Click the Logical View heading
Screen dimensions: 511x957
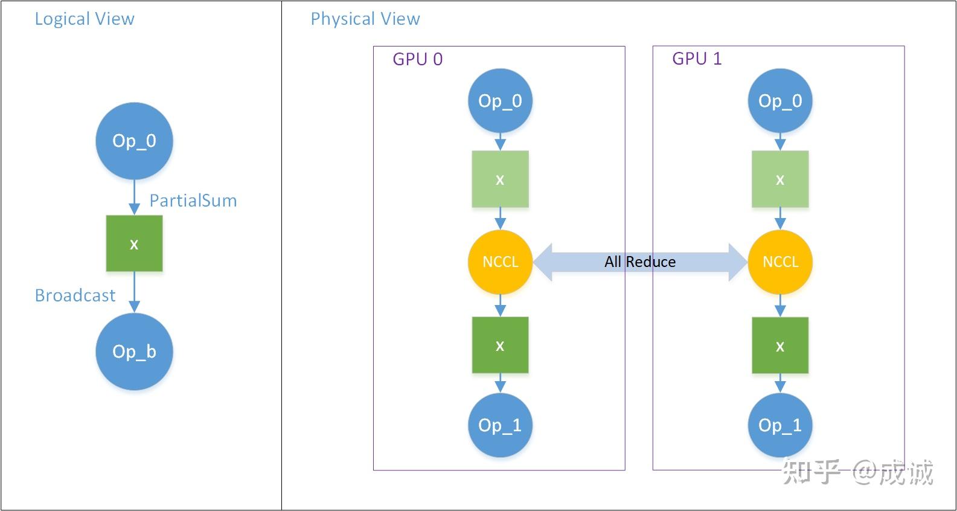(x=85, y=19)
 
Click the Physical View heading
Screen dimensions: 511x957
(x=365, y=19)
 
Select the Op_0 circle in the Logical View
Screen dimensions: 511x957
(x=134, y=141)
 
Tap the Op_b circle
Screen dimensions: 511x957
(x=134, y=352)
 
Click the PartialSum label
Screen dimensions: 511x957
(x=193, y=201)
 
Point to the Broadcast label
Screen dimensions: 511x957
(x=75, y=295)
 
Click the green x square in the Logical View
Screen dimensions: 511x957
(x=134, y=243)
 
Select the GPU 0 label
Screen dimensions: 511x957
(x=417, y=59)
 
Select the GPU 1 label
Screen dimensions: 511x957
(x=697, y=59)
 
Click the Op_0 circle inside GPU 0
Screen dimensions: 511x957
(x=500, y=101)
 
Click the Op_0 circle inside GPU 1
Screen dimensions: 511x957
(x=780, y=101)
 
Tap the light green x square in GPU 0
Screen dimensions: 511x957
(x=500, y=179)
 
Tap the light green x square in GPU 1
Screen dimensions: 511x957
(x=780, y=179)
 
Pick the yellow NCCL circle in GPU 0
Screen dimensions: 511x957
(x=500, y=262)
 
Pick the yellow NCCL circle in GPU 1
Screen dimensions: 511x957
(x=780, y=262)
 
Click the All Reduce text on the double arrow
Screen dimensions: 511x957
(x=640, y=262)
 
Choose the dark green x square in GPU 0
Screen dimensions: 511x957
(x=500, y=345)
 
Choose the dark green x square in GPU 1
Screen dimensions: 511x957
(x=780, y=345)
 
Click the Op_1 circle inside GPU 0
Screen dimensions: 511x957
(x=500, y=425)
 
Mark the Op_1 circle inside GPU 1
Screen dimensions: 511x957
(x=780, y=425)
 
